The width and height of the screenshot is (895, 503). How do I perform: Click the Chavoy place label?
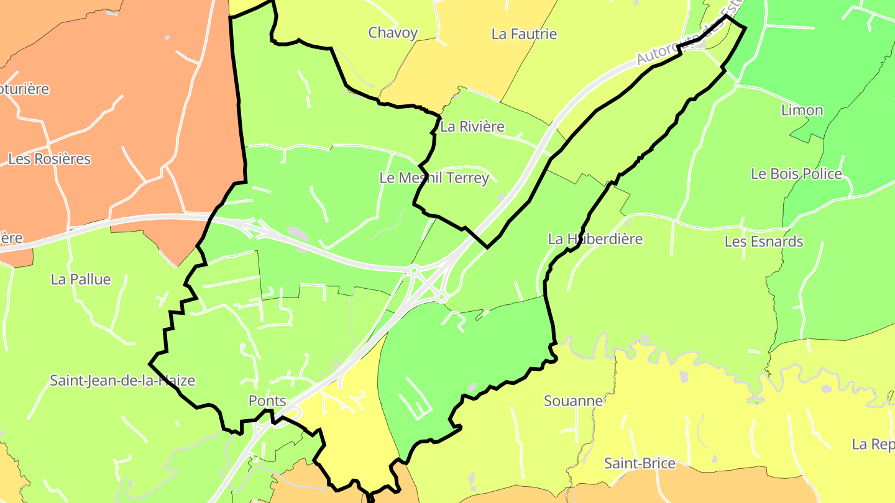393,33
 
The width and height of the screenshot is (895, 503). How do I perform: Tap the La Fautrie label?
524,34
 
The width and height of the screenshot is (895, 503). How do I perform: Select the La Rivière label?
472,127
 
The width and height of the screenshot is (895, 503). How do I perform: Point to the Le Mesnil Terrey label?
434,178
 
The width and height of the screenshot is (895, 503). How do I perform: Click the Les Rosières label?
49,159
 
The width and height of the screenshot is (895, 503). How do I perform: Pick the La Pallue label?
81,279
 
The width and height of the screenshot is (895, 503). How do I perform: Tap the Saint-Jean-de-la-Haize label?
122,381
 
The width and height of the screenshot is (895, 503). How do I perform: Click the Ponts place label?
267,401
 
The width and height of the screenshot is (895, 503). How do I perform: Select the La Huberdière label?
595,239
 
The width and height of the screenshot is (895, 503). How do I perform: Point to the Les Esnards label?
764,242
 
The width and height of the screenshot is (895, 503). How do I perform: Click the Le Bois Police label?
796,174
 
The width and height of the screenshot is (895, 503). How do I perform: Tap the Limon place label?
802,111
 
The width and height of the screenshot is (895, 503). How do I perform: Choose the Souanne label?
573,401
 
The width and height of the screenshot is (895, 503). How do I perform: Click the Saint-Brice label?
640,463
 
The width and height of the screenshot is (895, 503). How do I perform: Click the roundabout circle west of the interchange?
413,270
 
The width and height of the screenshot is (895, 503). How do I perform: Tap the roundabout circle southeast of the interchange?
441,298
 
